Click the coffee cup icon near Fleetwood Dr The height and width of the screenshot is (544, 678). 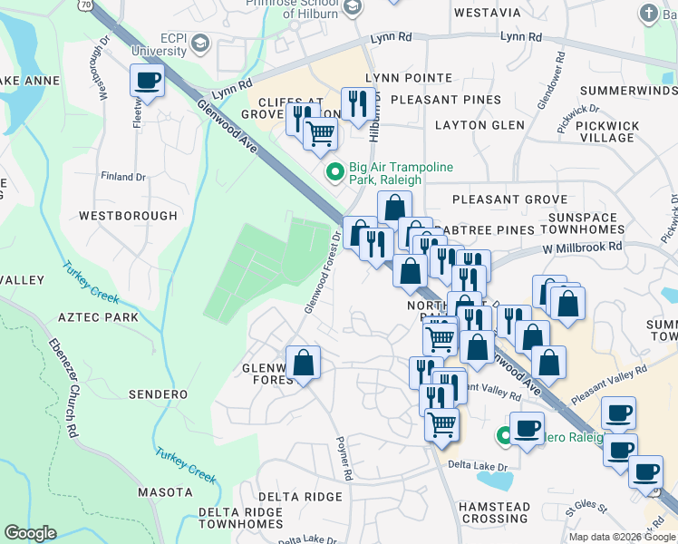click(x=146, y=80)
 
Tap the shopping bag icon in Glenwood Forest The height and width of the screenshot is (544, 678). click(x=304, y=364)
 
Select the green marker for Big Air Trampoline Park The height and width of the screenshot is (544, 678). click(x=334, y=170)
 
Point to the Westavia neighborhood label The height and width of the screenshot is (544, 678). click(x=487, y=13)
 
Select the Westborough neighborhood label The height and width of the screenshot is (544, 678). click(x=128, y=216)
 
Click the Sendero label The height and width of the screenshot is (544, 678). click(x=158, y=394)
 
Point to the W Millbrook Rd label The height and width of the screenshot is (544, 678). click(x=582, y=246)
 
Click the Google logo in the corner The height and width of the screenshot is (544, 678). click(x=30, y=533)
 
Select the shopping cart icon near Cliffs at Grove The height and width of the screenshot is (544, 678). click(x=320, y=134)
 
